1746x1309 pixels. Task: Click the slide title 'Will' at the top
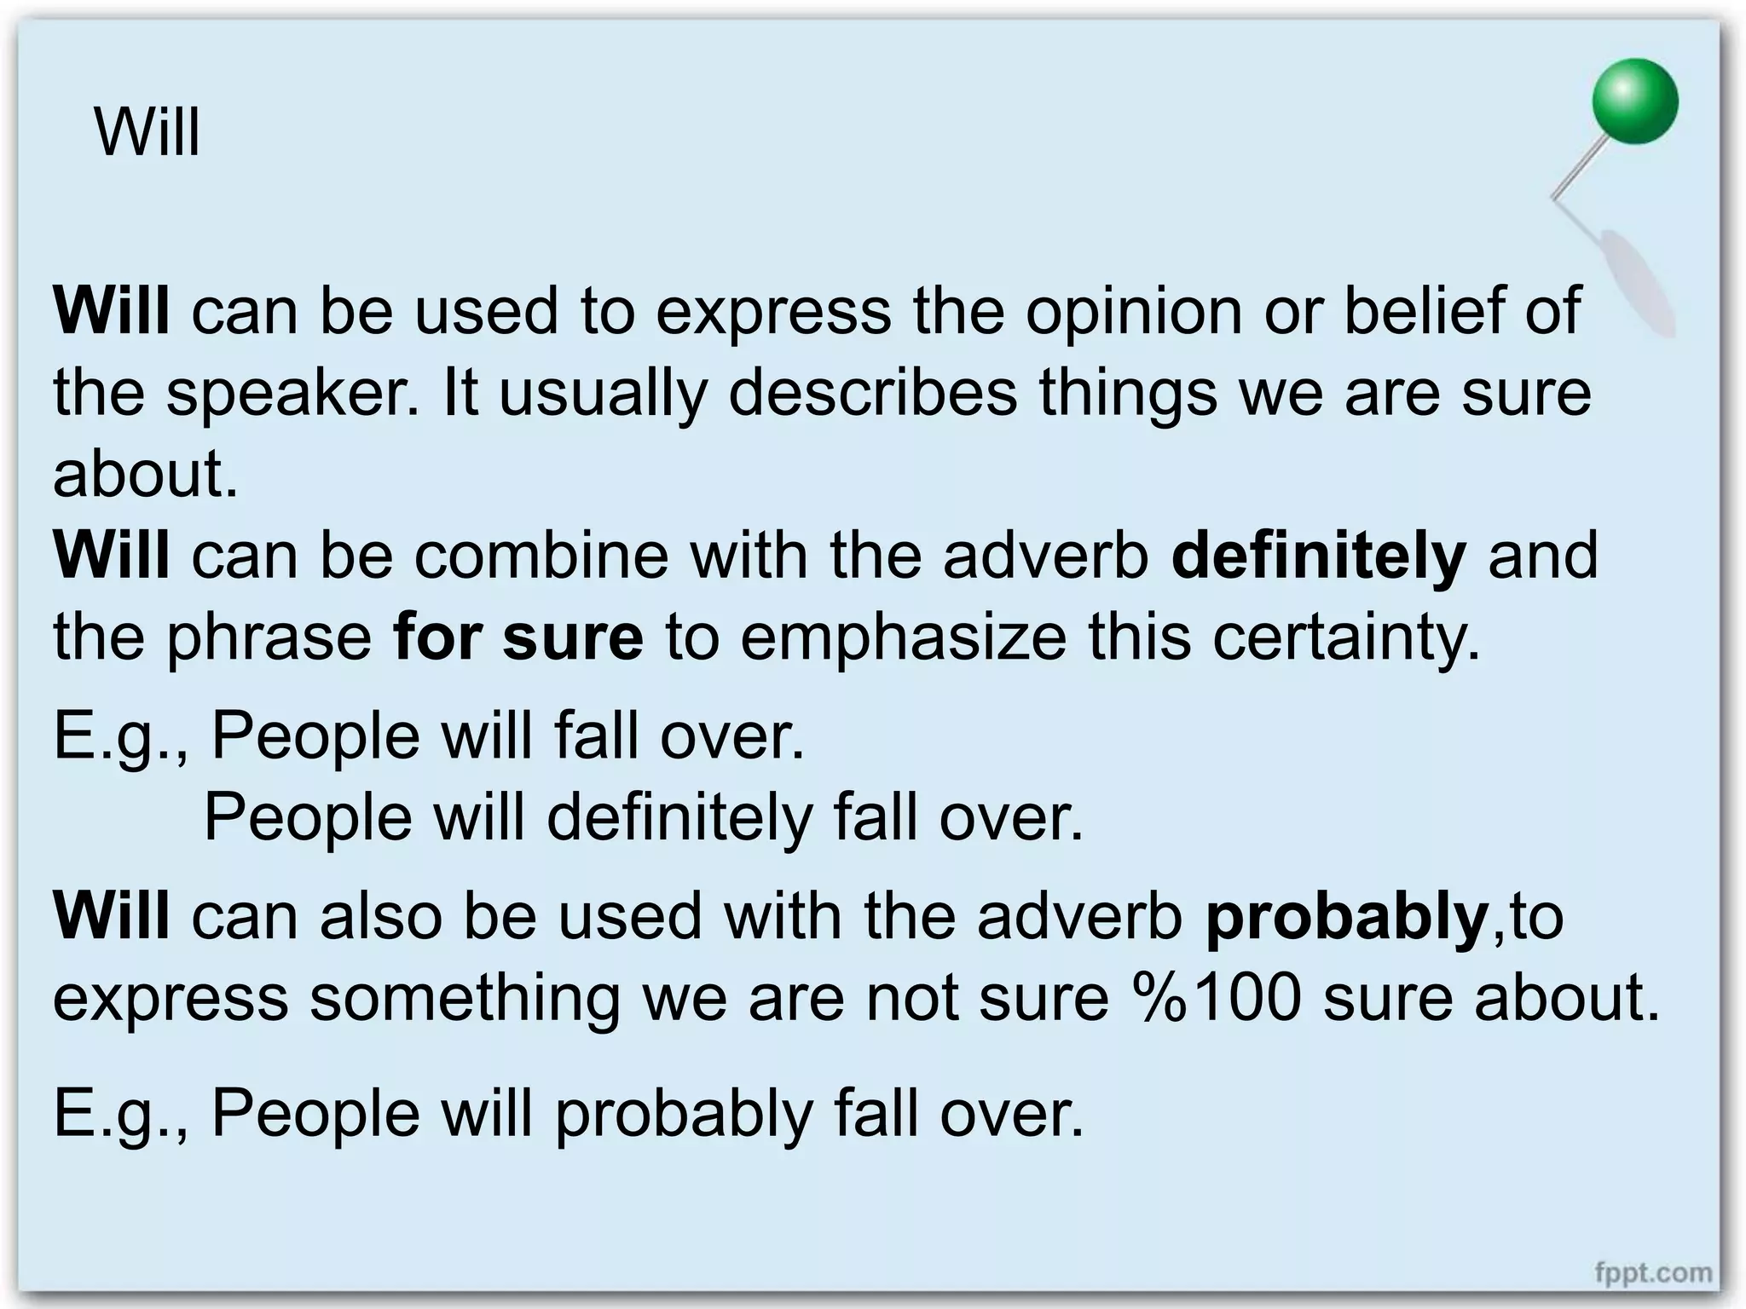[147, 133]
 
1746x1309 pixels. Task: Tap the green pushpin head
[1634, 101]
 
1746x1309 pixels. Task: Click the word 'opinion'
[1134, 312]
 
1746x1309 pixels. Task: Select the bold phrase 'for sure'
[518, 637]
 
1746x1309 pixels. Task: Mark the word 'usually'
[603, 394]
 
